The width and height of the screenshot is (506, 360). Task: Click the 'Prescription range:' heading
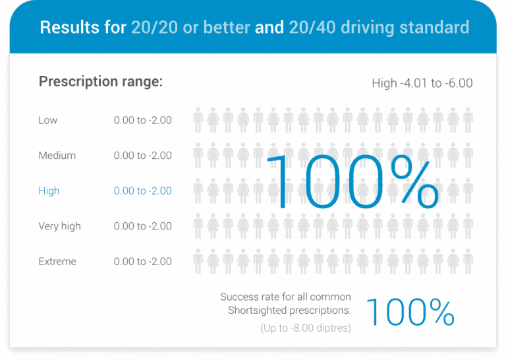coord(101,82)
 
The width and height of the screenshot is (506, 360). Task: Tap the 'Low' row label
coord(48,120)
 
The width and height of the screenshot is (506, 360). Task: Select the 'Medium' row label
coord(57,156)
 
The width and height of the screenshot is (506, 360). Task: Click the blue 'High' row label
coord(49,191)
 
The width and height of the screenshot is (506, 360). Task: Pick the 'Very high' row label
coord(60,226)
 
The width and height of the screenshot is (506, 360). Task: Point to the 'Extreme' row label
coord(57,261)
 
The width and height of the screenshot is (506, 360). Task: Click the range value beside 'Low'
coord(142,120)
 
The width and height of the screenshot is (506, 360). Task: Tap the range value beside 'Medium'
coord(142,156)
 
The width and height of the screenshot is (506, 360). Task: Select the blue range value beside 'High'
coord(142,191)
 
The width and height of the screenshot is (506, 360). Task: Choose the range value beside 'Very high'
coord(142,226)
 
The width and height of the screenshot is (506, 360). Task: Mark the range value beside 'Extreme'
coord(142,261)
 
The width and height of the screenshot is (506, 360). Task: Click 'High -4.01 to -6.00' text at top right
coord(422,83)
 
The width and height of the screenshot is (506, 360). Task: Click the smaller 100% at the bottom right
coord(409,312)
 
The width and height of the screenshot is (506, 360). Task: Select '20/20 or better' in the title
coord(190,28)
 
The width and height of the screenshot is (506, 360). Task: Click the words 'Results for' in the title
coord(82,28)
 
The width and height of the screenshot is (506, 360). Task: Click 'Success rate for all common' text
coord(285,297)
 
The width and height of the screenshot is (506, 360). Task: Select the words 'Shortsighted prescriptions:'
coord(290,311)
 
